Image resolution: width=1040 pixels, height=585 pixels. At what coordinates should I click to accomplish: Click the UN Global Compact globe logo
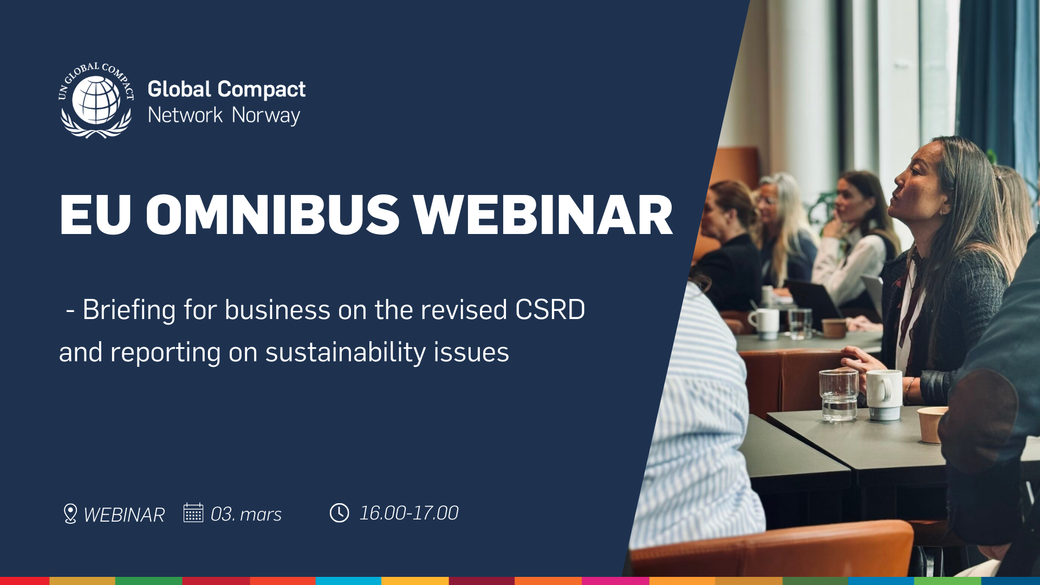(x=96, y=100)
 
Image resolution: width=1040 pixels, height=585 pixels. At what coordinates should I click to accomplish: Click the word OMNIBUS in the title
(x=272, y=215)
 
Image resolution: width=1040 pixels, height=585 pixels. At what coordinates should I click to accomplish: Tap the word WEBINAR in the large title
(x=543, y=215)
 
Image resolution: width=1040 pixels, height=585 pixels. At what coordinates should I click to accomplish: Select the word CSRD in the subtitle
(x=550, y=310)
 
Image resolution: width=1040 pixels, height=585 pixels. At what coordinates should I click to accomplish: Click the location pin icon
(x=70, y=513)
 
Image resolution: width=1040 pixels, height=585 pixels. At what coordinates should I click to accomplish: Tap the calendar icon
(x=193, y=512)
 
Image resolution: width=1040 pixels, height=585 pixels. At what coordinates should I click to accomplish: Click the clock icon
(x=340, y=512)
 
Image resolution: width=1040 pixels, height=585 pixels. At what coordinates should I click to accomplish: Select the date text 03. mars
(x=246, y=514)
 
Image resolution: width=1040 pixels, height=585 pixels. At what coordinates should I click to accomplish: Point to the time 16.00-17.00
(x=409, y=513)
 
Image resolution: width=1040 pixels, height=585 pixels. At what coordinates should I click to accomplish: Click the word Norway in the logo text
(x=266, y=115)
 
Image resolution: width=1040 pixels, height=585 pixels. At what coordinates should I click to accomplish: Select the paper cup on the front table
(x=931, y=424)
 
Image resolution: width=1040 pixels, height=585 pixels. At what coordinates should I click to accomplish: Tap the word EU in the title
(x=95, y=215)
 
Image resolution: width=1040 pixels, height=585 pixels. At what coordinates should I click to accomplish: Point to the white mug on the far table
(x=765, y=323)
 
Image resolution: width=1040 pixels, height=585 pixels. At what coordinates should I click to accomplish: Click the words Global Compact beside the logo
(x=226, y=89)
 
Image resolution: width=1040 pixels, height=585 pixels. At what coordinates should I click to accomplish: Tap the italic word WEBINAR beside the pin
(x=124, y=515)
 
